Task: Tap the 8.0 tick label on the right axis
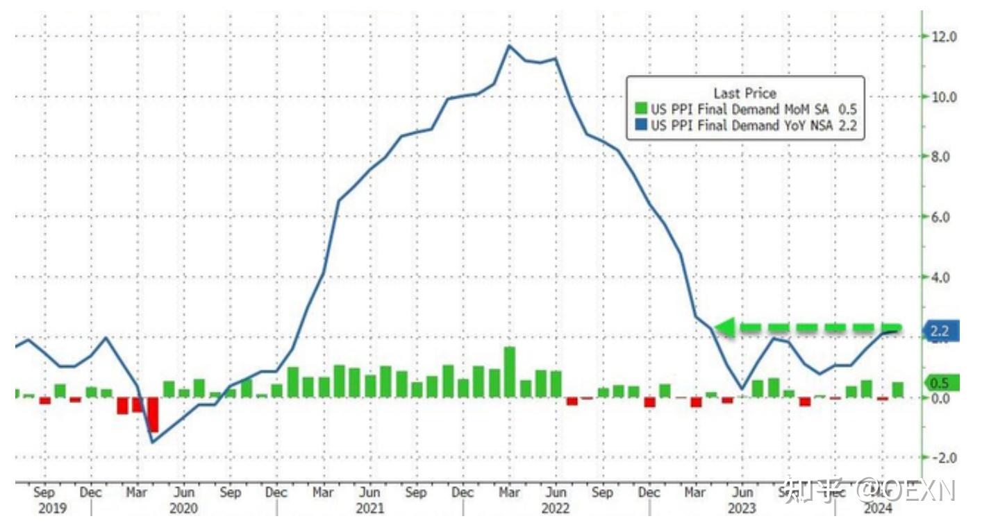click(x=947, y=157)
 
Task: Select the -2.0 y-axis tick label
click(x=944, y=458)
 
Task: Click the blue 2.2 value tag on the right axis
click(x=940, y=331)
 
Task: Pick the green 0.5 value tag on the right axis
click(x=940, y=383)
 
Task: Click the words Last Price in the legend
click(x=744, y=93)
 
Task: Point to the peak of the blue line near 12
click(x=509, y=46)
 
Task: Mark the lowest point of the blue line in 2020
click(x=153, y=442)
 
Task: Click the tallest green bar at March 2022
click(x=509, y=372)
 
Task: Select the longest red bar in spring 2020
click(x=153, y=415)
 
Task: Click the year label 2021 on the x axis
click(x=370, y=508)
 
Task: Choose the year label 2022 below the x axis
click(x=556, y=508)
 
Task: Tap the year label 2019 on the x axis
click(x=52, y=508)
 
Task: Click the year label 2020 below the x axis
click(x=183, y=508)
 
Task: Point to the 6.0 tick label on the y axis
click(x=947, y=217)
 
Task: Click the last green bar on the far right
click(x=898, y=390)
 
